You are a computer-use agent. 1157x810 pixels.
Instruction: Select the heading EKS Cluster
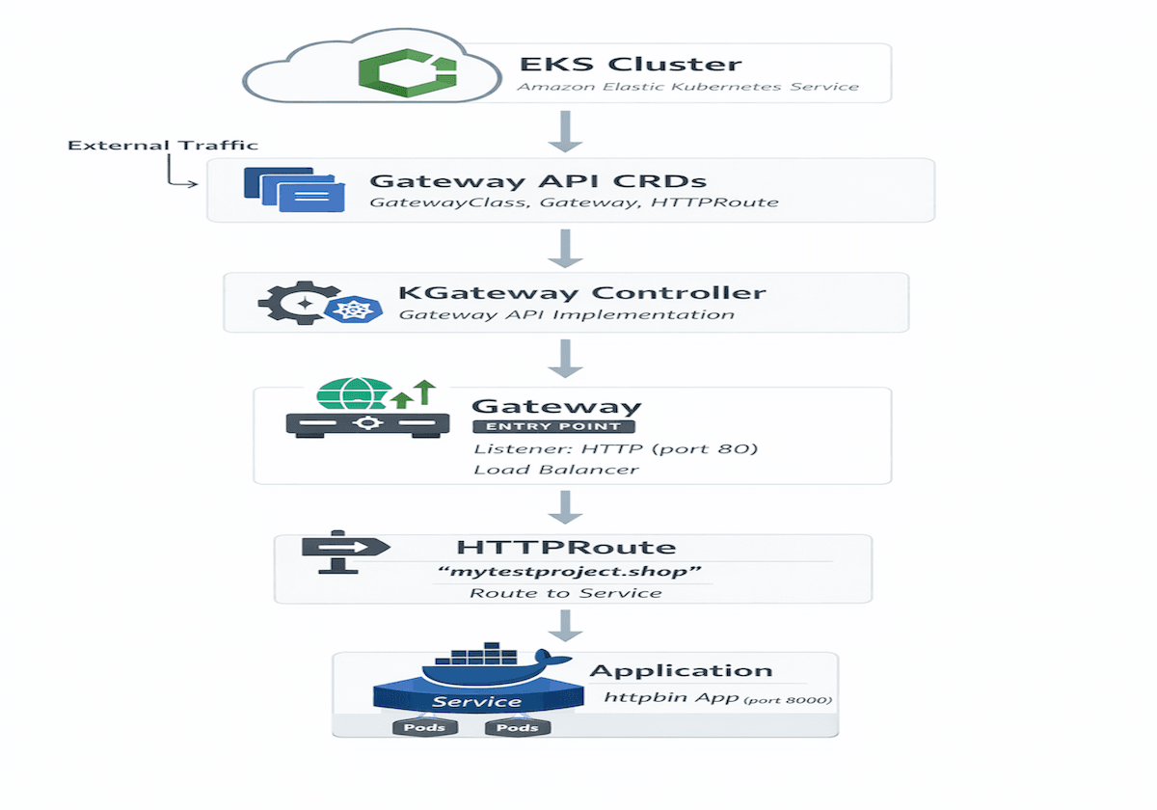[x=631, y=65]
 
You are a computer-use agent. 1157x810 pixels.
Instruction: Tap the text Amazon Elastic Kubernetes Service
[x=687, y=87]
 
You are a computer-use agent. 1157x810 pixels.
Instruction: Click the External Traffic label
[x=163, y=145]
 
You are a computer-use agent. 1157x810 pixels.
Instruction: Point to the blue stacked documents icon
[x=294, y=189]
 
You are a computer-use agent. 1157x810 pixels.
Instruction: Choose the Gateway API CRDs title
[x=538, y=180]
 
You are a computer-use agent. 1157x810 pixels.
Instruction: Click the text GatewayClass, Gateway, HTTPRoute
[x=574, y=202]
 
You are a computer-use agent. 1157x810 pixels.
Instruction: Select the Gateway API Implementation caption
[x=566, y=314]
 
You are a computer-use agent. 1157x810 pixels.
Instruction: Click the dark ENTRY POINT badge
[x=553, y=426]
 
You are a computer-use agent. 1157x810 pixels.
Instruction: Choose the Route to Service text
[x=566, y=592]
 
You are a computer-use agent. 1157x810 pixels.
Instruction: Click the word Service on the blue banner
[x=476, y=702]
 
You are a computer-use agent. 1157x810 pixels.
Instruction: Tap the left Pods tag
[x=423, y=727]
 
